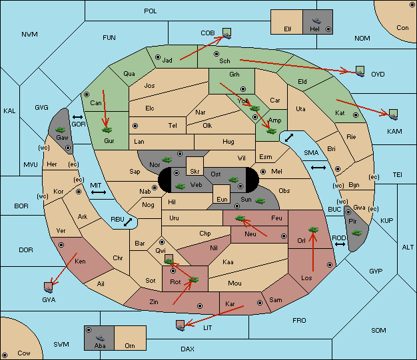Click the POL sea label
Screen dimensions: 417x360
click(x=151, y=11)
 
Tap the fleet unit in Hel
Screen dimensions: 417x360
click(x=316, y=21)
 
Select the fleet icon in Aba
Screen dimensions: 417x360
click(x=100, y=338)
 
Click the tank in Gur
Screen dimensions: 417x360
click(x=107, y=130)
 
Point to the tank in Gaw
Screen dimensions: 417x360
click(x=60, y=130)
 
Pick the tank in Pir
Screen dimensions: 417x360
click(x=356, y=233)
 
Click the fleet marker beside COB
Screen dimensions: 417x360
click(x=227, y=33)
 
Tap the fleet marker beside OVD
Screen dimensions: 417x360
click(x=360, y=71)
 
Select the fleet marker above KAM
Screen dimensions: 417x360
click(x=393, y=114)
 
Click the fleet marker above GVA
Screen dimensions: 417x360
click(x=49, y=287)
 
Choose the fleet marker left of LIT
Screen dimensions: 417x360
click(x=181, y=325)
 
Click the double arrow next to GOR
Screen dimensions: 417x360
click(x=77, y=117)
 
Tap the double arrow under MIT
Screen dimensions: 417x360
click(x=99, y=192)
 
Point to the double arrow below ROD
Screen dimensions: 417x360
click(x=340, y=244)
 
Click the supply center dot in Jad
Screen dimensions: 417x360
click(x=158, y=57)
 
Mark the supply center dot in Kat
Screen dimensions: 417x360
click(x=356, y=115)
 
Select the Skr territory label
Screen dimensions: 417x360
click(x=195, y=172)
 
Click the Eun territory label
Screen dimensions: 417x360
click(x=222, y=199)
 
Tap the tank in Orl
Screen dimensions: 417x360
click(x=313, y=230)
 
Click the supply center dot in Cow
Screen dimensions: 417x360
click(x=5, y=355)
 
